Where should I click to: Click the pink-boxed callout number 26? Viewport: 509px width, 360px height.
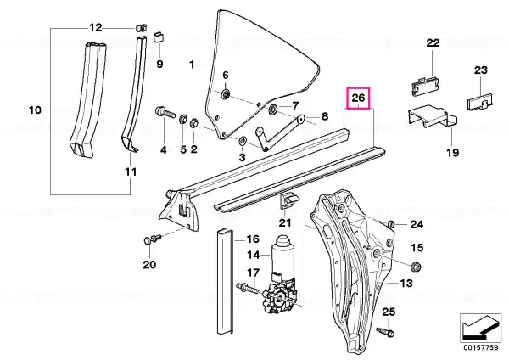point(358,98)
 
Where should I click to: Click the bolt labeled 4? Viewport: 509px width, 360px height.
point(165,112)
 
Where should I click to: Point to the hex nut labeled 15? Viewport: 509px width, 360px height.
point(416,267)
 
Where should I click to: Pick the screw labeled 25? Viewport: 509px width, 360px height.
point(385,332)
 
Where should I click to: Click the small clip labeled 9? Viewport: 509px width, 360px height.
point(159,37)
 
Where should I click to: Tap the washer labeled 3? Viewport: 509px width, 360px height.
point(242,141)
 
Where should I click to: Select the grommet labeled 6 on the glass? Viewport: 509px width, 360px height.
point(226,94)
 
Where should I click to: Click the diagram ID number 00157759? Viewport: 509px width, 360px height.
point(480,347)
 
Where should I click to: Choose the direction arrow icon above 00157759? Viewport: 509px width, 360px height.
point(480,327)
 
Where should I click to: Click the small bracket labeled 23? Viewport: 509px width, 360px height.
point(480,101)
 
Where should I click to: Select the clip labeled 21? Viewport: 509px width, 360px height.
point(288,200)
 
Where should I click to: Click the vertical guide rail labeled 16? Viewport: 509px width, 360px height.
point(224,281)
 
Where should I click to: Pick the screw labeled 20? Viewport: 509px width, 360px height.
point(152,239)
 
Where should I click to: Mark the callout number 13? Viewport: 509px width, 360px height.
point(406,284)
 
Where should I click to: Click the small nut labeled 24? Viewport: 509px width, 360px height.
point(391,224)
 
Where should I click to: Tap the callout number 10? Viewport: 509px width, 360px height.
point(35,110)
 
